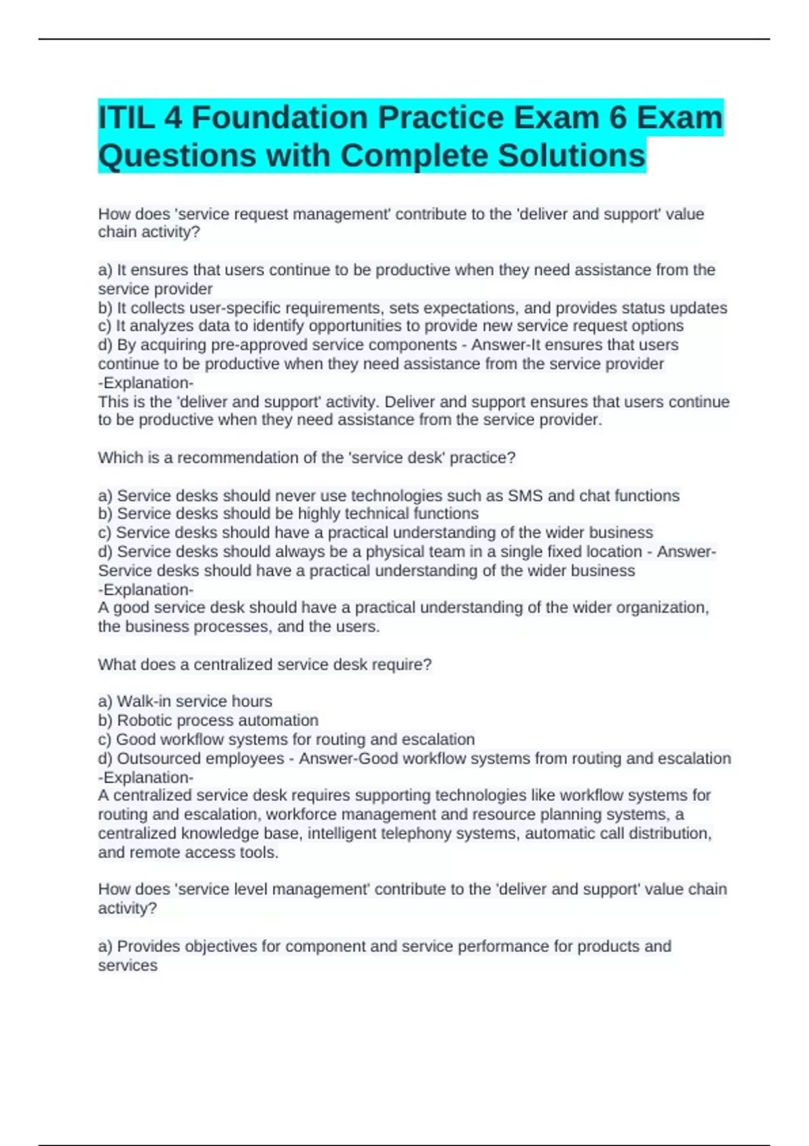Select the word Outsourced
click(159, 758)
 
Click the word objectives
click(221, 946)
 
